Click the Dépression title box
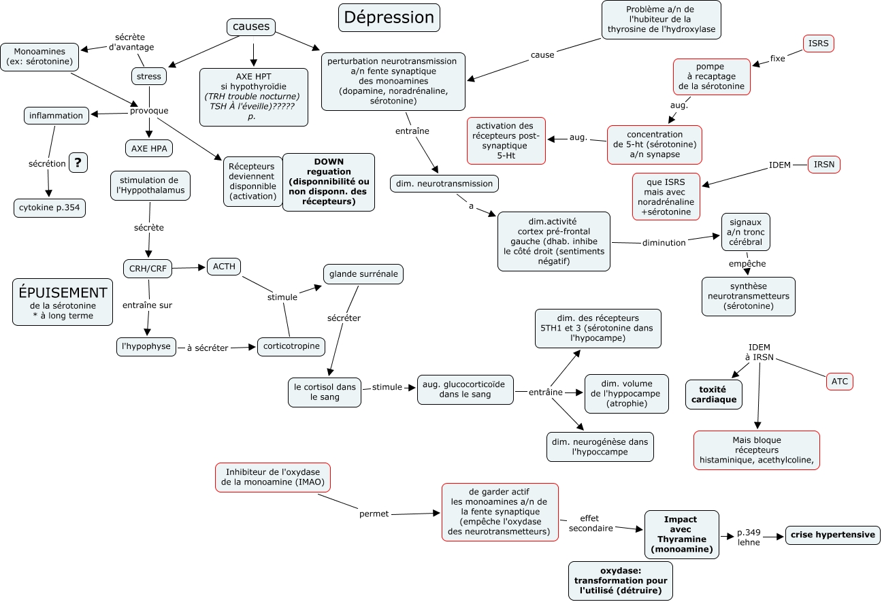pos(389,18)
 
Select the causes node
pos(251,27)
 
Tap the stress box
pos(149,77)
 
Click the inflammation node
pos(56,116)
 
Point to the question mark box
pos(78,163)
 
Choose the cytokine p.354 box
pos(50,207)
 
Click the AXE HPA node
pos(150,148)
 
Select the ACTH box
pos(224,267)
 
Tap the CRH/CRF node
pos(148,269)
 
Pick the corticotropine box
pos(291,346)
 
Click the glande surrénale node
pos(363,274)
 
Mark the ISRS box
pos(818,44)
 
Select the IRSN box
pos(824,164)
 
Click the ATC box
pos(839,382)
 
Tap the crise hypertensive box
pos(832,535)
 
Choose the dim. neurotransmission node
pos(445,183)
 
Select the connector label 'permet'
pos(374,514)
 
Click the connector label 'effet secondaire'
pos(590,522)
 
